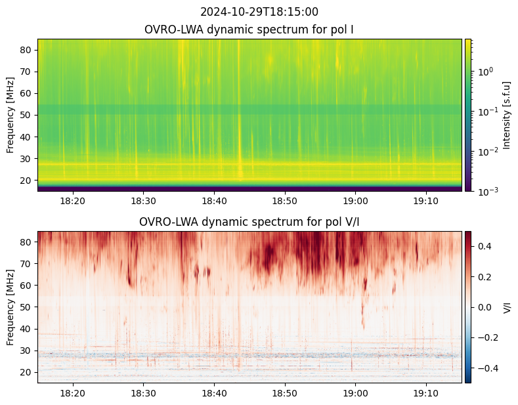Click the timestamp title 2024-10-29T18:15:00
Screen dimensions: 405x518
tap(250, 12)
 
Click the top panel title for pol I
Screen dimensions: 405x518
tap(250, 30)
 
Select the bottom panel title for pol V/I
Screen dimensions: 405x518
tap(250, 222)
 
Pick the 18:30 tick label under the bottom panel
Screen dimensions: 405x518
tap(143, 393)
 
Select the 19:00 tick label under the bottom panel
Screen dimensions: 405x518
tap(355, 393)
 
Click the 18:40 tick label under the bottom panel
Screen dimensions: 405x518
tap(214, 393)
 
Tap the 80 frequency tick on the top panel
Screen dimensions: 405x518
tap(28, 50)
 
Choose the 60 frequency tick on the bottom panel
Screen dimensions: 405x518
tap(28, 286)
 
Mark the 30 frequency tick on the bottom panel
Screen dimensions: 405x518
tap(28, 351)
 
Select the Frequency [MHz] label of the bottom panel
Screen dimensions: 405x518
tap(11, 307)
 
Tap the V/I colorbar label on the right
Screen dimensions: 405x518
tap(506, 307)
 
